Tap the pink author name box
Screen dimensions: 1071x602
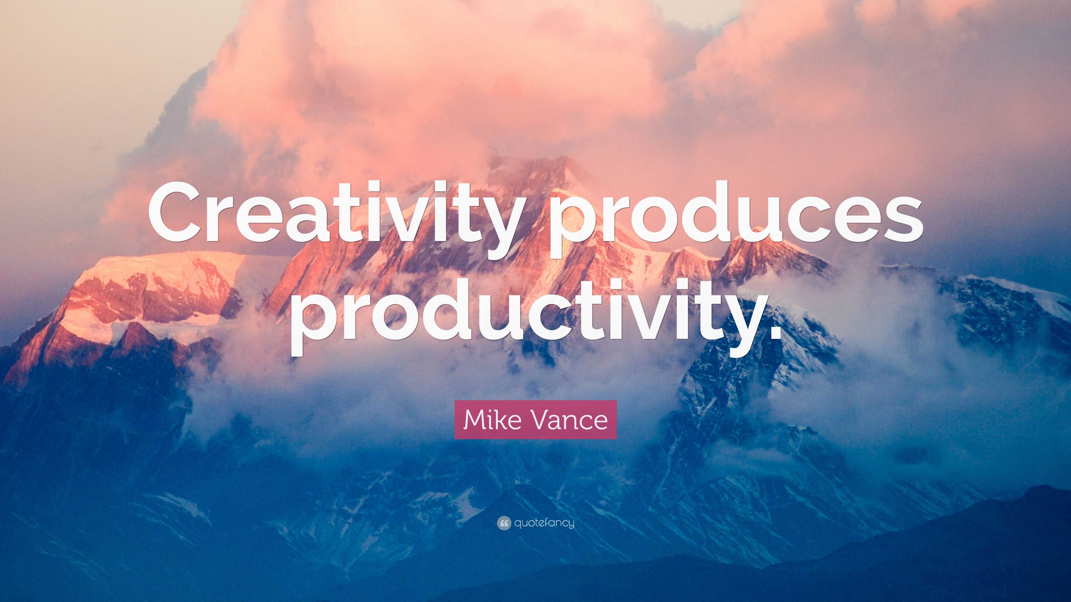click(535, 420)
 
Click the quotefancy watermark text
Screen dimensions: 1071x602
click(544, 523)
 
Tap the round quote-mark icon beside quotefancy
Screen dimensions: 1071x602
click(503, 523)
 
